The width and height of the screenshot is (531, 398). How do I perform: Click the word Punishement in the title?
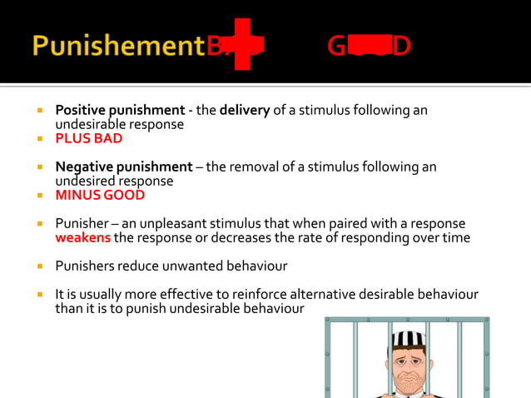[117, 45]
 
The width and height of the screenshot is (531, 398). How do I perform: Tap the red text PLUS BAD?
[89, 138]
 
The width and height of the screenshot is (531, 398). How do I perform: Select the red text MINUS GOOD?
[100, 195]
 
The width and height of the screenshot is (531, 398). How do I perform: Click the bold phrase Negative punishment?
[123, 167]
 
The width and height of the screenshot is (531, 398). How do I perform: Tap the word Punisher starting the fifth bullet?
[81, 224]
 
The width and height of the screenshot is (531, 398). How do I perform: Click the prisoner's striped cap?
[408, 338]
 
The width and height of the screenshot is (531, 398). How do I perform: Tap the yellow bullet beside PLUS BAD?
[38, 138]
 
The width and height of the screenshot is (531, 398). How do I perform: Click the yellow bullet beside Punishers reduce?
[38, 266]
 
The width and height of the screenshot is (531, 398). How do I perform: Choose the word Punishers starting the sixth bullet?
[84, 266]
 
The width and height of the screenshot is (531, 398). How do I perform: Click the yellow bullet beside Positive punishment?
[38, 110]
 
